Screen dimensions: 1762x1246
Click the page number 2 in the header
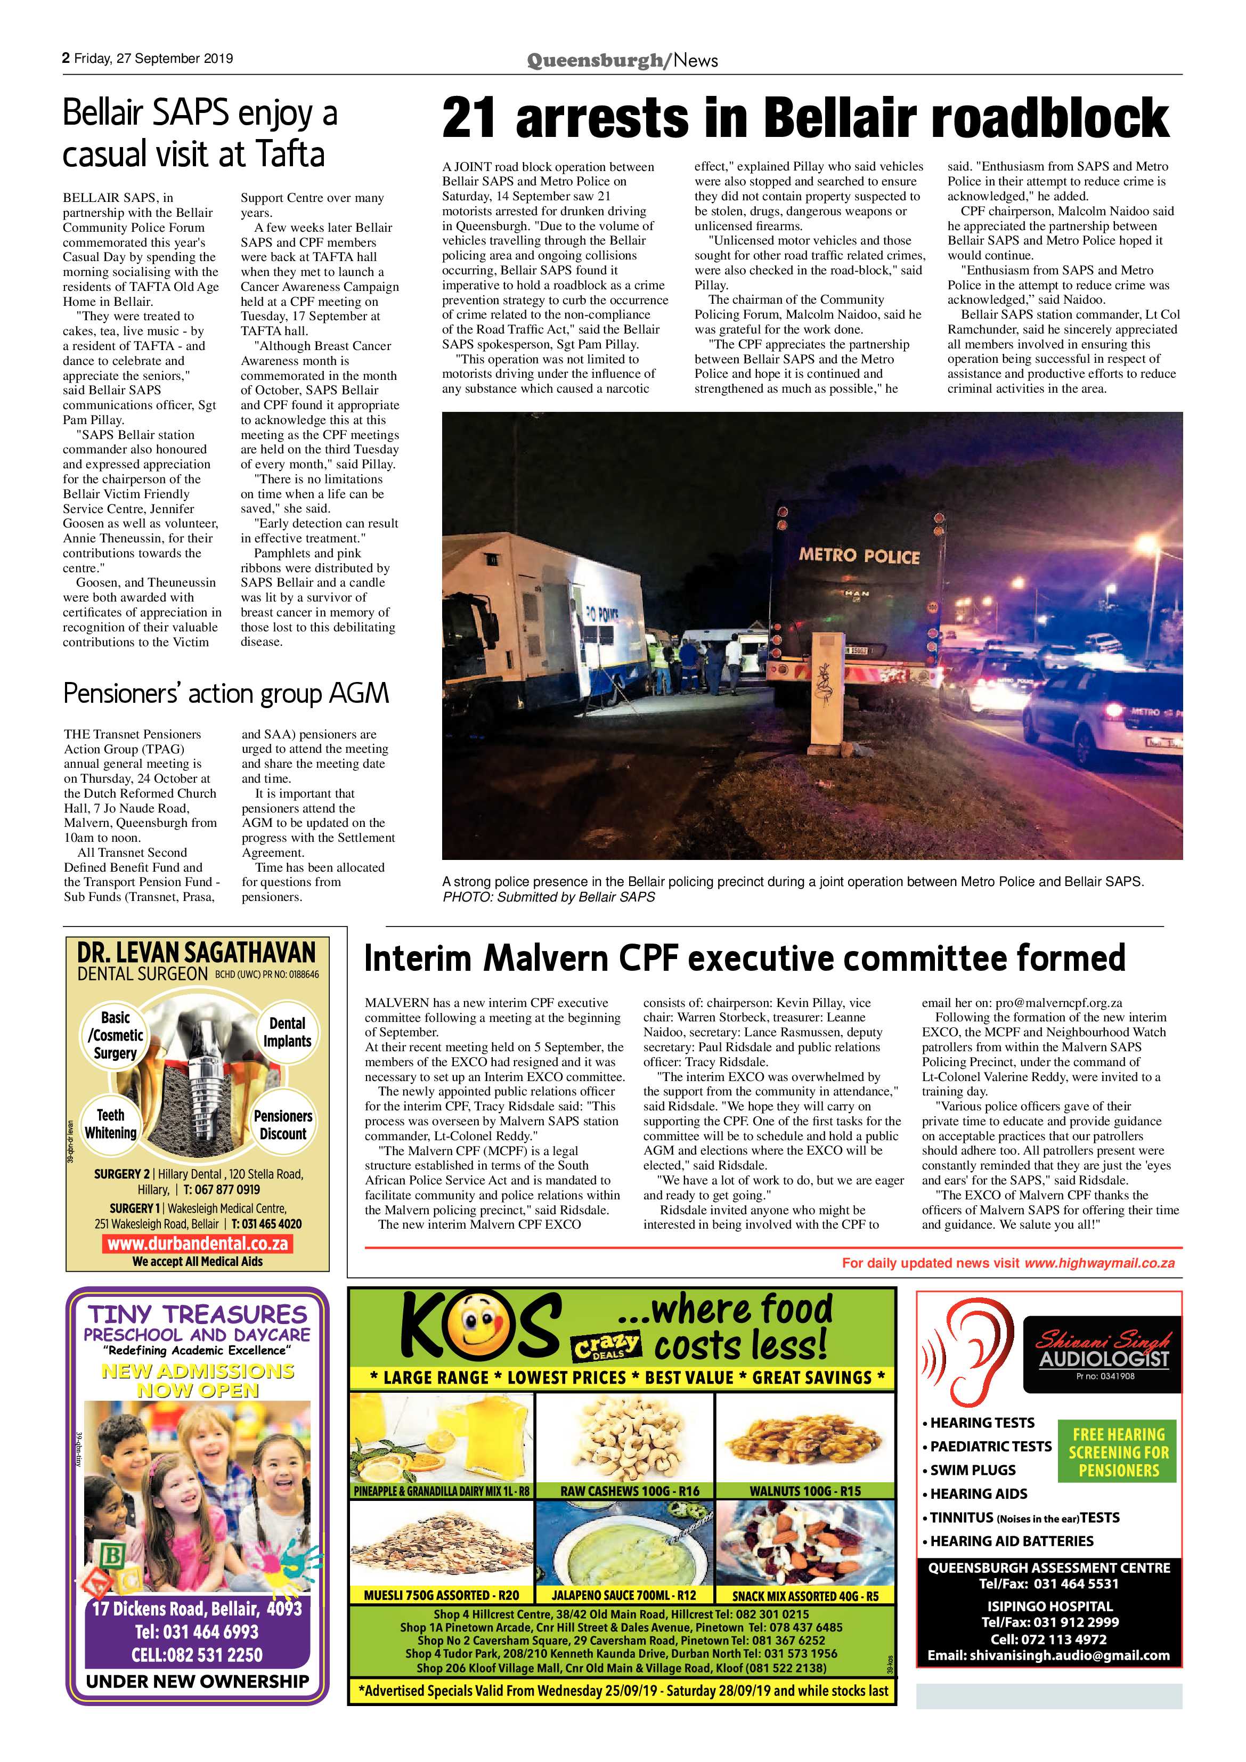pyautogui.click(x=67, y=58)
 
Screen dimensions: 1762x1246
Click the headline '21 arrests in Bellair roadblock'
pyautogui.click(x=805, y=118)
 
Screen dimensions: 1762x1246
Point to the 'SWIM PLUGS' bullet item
pyautogui.click(x=972, y=1469)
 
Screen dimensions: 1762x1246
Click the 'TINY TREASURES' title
pyautogui.click(x=197, y=1313)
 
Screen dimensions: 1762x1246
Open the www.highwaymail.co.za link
pyautogui.click(x=1098, y=1262)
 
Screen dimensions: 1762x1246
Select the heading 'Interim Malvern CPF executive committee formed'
pyautogui.click(x=744, y=959)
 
